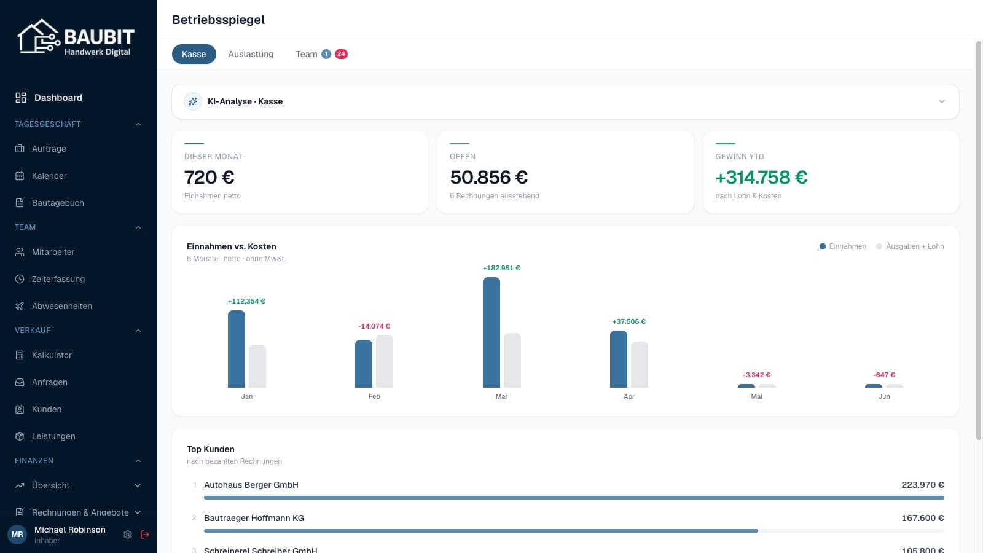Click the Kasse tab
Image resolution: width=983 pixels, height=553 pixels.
pyautogui.click(x=194, y=54)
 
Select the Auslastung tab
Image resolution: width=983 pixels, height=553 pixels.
pyautogui.click(x=251, y=54)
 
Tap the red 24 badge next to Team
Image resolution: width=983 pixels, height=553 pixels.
pyautogui.click(x=341, y=54)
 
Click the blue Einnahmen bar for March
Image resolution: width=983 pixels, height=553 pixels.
pyautogui.click(x=491, y=332)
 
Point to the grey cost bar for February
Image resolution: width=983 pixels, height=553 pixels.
pyautogui.click(x=385, y=361)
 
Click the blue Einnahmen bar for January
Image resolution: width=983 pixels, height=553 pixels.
pyautogui.click(x=236, y=349)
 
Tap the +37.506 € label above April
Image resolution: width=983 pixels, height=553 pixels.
pyautogui.click(x=629, y=321)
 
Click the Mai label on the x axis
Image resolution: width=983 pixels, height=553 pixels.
pyautogui.click(x=756, y=396)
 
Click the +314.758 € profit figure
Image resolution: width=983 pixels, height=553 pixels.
pyautogui.click(x=761, y=178)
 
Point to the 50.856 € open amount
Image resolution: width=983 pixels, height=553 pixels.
pyautogui.click(x=488, y=178)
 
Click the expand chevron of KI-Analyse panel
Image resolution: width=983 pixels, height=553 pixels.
pyautogui.click(x=942, y=101)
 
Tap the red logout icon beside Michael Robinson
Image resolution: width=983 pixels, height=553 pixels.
pyautogui.click(x=145, y=535)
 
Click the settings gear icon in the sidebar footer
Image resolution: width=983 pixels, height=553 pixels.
pyautogui.click(x=128, y=535)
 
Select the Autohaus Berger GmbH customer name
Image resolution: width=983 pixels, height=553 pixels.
pyautogui.click(x=251, y=485)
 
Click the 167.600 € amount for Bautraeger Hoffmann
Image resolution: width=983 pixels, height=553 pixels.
pyautogui.click(x=922, y=518)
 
